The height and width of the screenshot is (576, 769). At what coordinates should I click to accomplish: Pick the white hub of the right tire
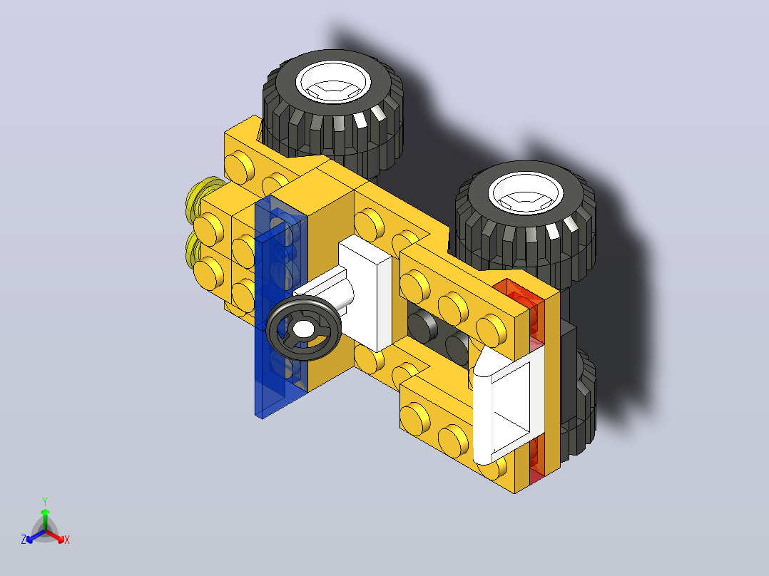click(526, 192)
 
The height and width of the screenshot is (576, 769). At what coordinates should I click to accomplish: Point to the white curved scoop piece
click(508, 407)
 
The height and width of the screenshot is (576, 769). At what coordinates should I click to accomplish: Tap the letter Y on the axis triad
click(45, 501)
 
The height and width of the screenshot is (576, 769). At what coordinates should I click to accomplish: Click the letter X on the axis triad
click(67, 540)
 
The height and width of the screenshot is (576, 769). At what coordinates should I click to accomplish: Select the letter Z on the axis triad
click(24, 540)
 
